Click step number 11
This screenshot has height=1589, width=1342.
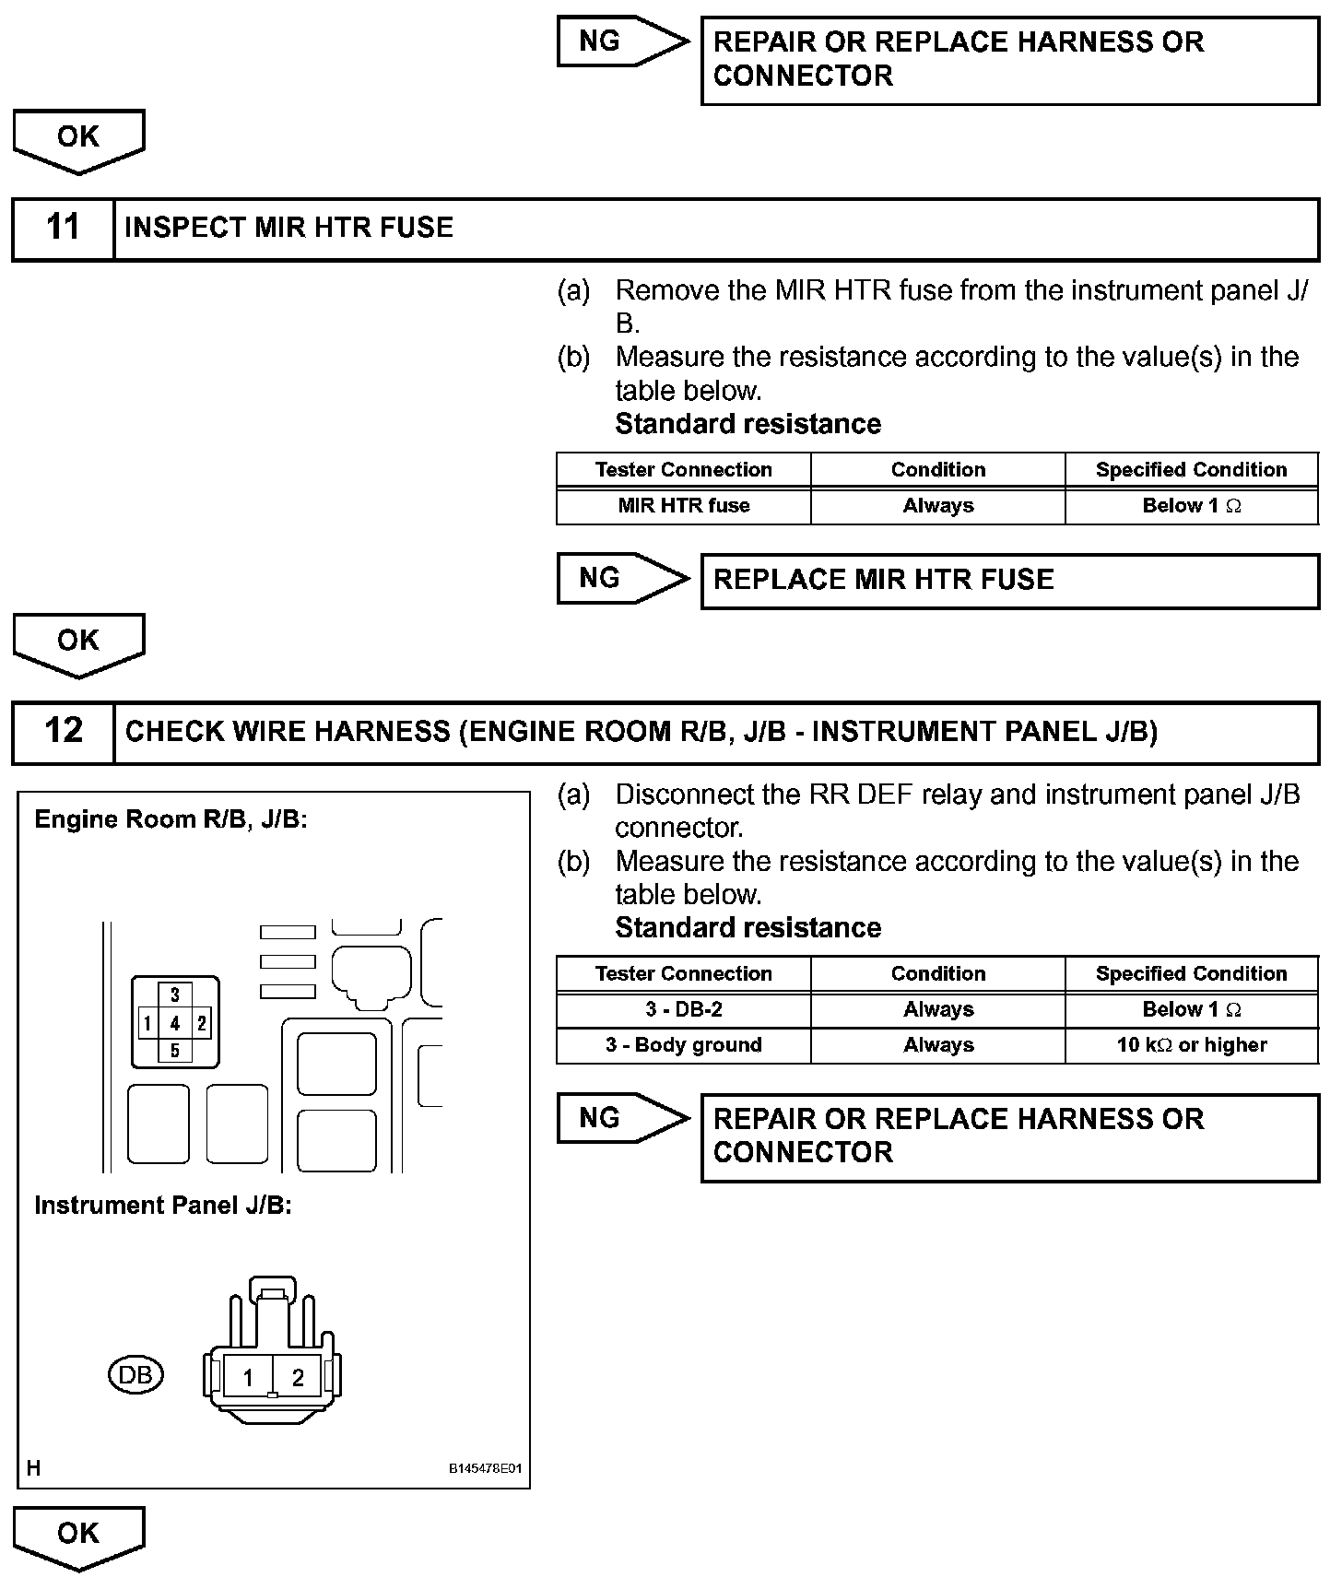coord(63,228)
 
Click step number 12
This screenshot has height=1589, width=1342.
coord(63,732)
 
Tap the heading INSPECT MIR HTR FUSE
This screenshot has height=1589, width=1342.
coord(288,228)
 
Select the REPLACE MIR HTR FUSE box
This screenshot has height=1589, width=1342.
coord(1009,581)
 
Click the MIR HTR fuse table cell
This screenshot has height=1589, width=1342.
coord(684,506)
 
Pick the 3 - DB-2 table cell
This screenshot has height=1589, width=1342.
coord(684,1010)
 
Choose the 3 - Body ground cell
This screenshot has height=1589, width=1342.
coord(684,1045)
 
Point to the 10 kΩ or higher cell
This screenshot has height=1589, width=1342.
coord(1192,1045)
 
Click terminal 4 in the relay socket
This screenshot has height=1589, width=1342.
coord(175,1023)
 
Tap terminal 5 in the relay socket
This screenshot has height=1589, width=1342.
coord(175,1051)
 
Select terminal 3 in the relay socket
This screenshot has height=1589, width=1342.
coord(175,995)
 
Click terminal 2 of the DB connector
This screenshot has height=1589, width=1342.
coord(298,1378)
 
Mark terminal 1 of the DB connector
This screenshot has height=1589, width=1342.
coord(248,1378)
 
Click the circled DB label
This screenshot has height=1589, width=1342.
coord(135,1375)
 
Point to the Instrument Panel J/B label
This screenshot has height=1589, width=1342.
coord(163,1206)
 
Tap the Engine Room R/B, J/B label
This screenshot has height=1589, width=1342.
coord(171,819)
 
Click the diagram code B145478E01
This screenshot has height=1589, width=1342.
coord(485,1468)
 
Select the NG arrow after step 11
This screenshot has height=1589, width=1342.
coord(622,579)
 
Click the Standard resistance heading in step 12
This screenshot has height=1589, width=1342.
coord(748,928)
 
